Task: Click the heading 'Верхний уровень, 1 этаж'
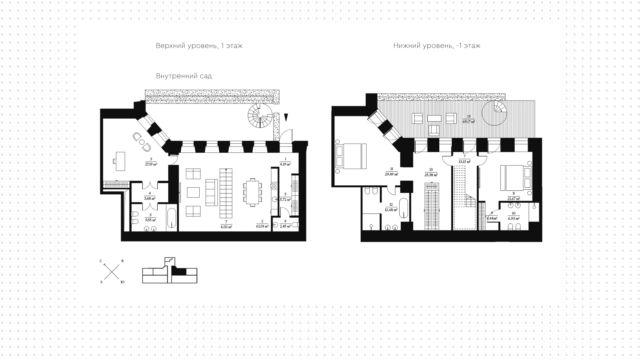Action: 199,46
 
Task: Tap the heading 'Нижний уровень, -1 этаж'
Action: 437,46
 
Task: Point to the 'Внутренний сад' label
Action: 184,76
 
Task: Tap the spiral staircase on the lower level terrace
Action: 495,113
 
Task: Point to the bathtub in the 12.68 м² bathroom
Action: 404,208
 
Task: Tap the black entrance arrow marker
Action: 286,118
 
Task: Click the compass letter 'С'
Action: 101,261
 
